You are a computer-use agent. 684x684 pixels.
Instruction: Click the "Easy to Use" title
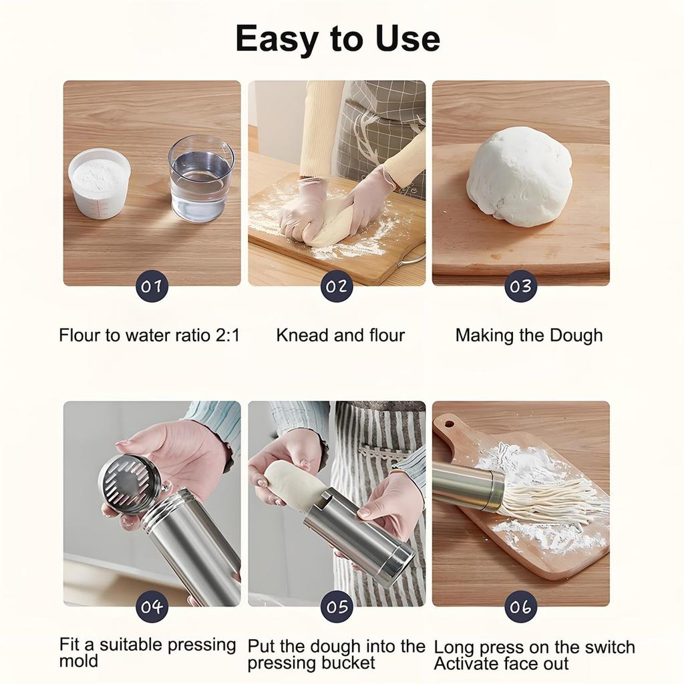pyautogui.click(x=337, y=38)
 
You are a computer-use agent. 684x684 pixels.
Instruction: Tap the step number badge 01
pyautogui.click(x=152, y=287)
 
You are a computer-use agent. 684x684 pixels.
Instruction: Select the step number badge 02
pyautogui.click(x=337, y=287)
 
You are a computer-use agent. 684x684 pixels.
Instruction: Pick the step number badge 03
pyautogui.click(x=520, y=287)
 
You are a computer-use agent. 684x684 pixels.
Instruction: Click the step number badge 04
pyautogui.click(x=152, y=607)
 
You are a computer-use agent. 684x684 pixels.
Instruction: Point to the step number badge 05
pyautogui.click(x=337, y=607)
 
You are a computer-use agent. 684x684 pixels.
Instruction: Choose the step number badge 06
pyautogui.click(x=520, y=607)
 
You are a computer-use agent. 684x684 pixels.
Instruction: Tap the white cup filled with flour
pyautogui.click(x=99, y=182)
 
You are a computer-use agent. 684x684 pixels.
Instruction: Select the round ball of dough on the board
pyautogui.click(x=520, y=176)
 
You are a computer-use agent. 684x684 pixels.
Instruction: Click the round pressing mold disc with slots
pyautogui.click(x=130, y=484)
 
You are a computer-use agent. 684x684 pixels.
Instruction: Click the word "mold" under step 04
pyautogui.click(x=78, y=661)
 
